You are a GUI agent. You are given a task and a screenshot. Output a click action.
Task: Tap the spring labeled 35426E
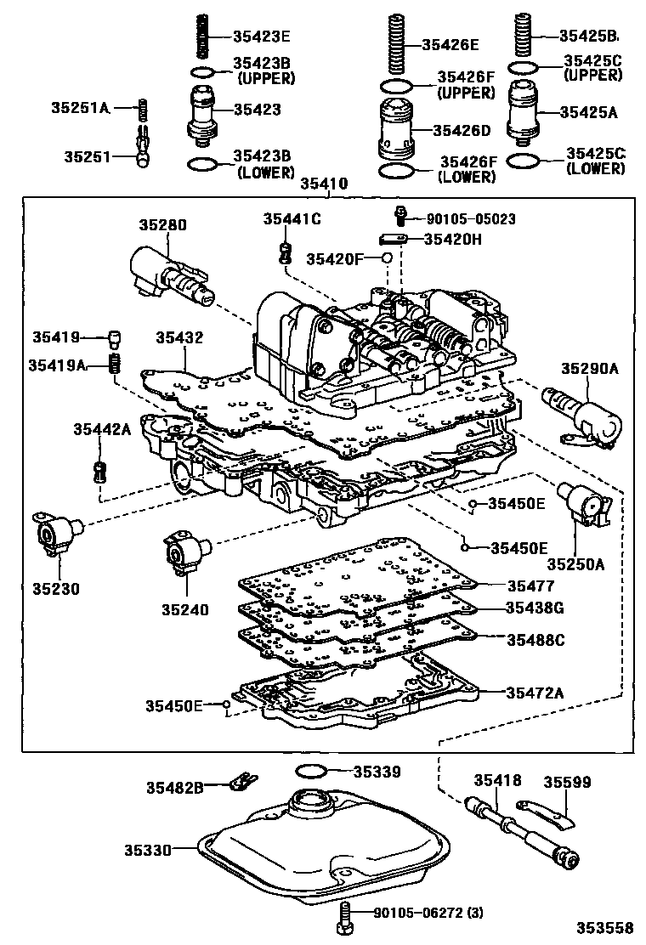pos(395,43)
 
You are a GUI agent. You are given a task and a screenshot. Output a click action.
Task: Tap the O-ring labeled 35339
pos(312,772)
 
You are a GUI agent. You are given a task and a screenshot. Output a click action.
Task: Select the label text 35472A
pos(535,693)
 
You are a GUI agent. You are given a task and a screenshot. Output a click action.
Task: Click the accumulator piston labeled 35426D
pos(394,133)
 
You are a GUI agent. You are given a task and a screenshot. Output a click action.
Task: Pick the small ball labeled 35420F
pos(388,257)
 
